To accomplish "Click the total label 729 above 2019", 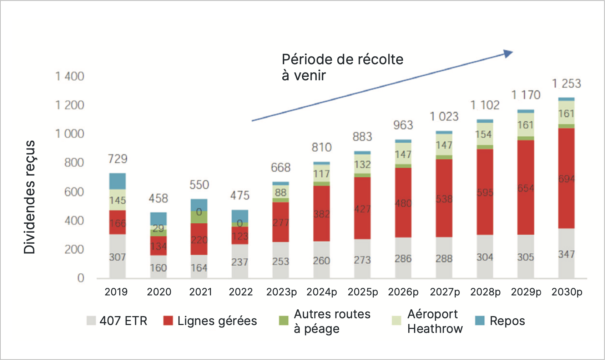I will pos(117,159).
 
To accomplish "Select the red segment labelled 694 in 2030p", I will pos(566,178).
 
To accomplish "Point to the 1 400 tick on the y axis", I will pos(70,76).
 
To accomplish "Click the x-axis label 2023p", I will pos(281,292).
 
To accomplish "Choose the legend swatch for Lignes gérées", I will pos(168,321).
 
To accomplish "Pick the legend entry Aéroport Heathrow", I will pos(435,321).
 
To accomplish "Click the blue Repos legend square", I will pos(480,321).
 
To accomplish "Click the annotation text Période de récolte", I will pos(342,60).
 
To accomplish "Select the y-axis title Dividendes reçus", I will pos(30,197).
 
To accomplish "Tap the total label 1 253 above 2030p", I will pos(566,83).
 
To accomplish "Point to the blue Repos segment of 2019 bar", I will pos(117,181).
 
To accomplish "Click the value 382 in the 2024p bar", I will pos(322,214).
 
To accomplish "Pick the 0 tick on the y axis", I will pos(81,278).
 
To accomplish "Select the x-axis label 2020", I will pos(159,292).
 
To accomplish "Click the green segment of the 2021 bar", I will pos(199,217).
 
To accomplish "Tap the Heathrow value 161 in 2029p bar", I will pos(526,125).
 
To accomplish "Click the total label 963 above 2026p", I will pos(403,125).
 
